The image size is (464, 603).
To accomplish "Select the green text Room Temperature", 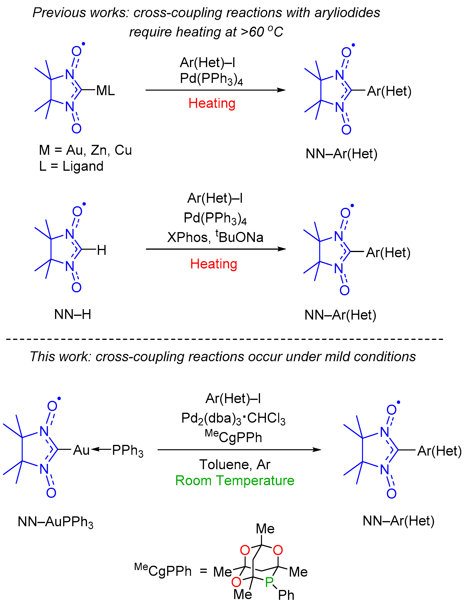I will coord(235,481).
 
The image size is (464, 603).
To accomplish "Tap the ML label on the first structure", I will coord(105,91).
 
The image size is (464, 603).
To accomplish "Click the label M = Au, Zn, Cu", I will coord(85,150).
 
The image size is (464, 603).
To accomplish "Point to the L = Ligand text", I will coord(71,166).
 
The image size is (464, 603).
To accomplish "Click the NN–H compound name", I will coord(73,314).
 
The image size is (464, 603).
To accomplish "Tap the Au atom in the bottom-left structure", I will coord(81,450).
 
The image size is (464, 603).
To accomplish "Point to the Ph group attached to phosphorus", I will coord(286,595).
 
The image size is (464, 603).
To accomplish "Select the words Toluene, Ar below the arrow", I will coord(235,464).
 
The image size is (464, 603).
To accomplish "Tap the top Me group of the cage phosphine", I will coord(265,529).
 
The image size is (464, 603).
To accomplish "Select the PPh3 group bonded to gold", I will coord(127,451).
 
